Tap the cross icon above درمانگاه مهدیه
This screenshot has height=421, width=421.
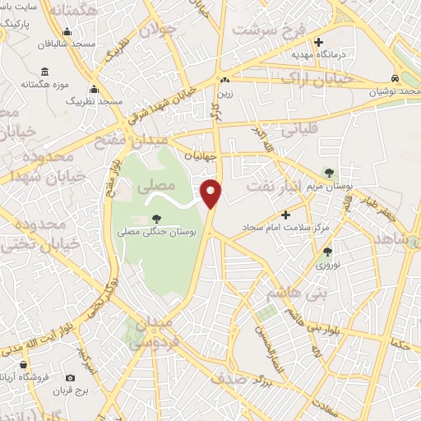coord(319,40)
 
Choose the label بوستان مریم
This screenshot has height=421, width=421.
coord(331,186)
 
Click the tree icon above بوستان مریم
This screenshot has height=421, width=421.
coord(329,173)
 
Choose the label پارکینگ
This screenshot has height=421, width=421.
coord(16,24)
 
